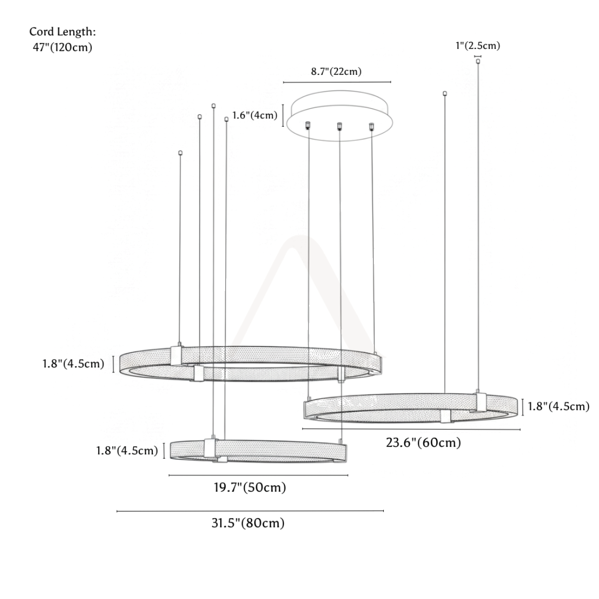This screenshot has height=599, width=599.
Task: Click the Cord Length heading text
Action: (x=62, y=32)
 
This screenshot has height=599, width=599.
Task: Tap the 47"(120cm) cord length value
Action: (x=62, y=47)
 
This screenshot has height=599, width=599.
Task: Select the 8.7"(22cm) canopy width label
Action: (x=336, y=72)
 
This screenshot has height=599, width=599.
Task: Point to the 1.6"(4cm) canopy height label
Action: (x=255, y=116)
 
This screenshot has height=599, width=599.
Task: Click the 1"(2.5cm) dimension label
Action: (x=478, y=46)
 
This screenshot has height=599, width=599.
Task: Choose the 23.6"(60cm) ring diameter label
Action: (x=423, y=443)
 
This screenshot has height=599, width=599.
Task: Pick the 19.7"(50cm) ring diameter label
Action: (x=250, y=487)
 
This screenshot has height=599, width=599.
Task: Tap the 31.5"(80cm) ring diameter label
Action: (x=248, y=523)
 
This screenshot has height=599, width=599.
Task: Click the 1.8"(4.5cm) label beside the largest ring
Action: (x=73, y=364)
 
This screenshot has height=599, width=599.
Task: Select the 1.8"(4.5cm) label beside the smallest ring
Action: (x=127, y=451)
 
